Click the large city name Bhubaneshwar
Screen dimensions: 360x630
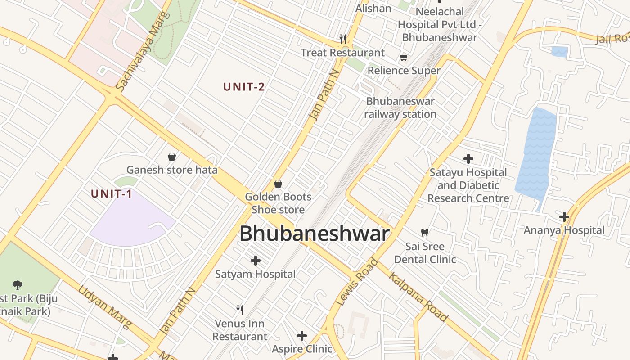(x=314, y=234)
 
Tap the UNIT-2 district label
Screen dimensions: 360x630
(x=244, y=87)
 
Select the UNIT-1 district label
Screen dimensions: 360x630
(x=112, y=194)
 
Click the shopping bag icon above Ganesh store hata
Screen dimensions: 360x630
(x=172, y=157)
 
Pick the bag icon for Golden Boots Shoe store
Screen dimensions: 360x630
(x=278, y=184)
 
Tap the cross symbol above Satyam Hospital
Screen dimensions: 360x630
(x=256, y=261)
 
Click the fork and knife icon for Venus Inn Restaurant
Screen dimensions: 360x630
(x=240, y=310)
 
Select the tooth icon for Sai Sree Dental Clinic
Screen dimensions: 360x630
(x=424, y=233)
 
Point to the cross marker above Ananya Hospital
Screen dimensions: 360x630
(x=564, y=217)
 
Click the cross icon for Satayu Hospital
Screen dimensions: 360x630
(x=468, y=158)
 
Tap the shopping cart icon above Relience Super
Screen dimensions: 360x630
(x=404, y=57)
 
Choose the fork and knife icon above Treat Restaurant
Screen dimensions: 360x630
(x=342, y=39)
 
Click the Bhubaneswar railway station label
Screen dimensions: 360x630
(x=400, y=108)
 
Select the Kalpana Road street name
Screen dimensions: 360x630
(x=418, y=297)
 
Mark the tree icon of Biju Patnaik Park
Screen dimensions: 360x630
(x=18, y=285)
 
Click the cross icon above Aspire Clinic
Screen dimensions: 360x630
(x=302, y=336)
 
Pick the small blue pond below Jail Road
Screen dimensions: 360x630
(x=559, y=52)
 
